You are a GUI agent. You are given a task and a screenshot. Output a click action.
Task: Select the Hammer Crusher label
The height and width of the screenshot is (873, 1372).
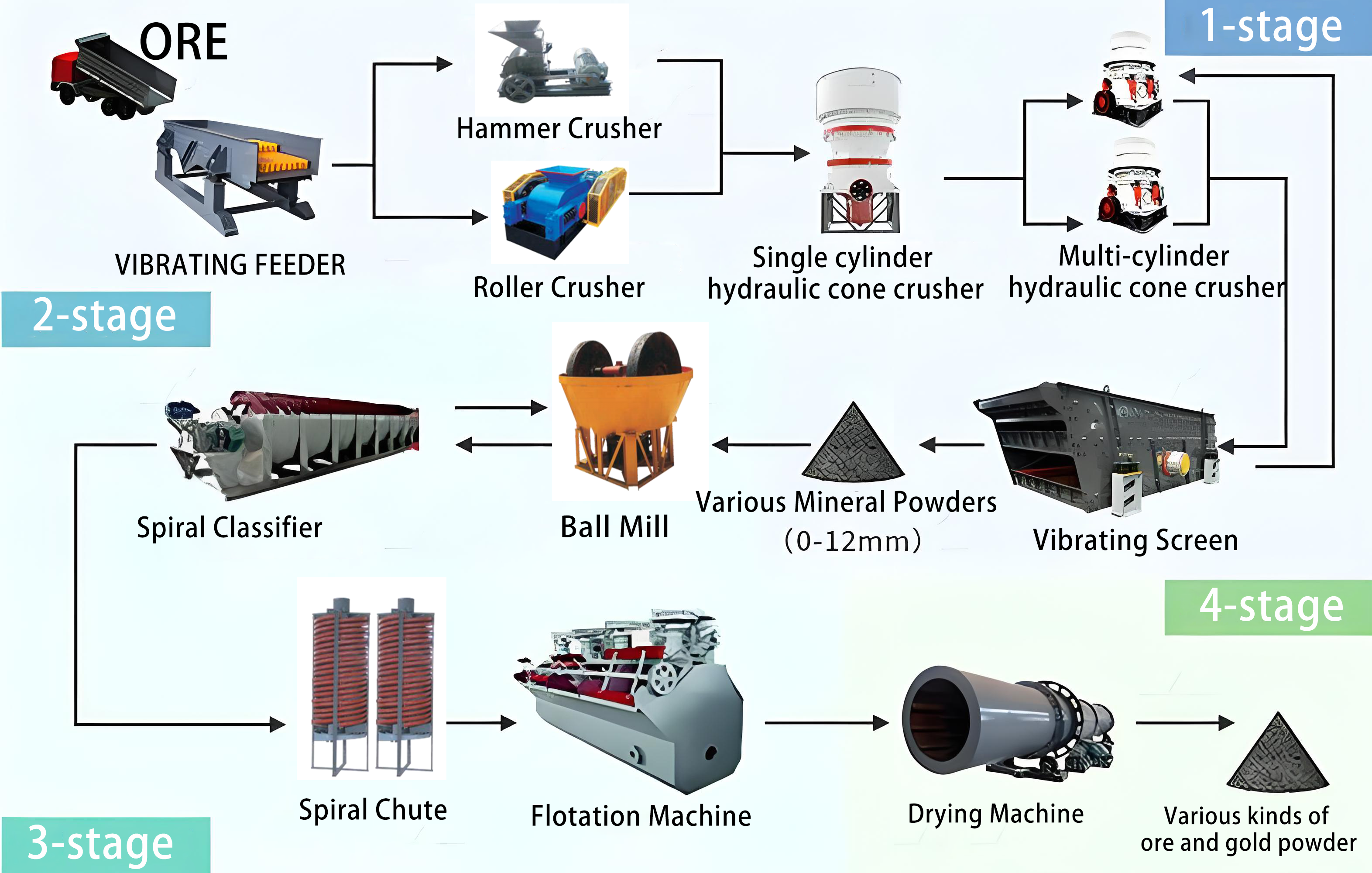(559, 129)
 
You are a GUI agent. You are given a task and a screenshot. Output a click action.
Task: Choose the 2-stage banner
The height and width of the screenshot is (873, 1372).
(106, 319)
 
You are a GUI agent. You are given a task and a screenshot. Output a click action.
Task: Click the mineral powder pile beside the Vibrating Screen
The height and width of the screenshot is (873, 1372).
(853, 444)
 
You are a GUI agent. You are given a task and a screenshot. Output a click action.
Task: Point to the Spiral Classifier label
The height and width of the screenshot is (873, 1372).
(229, 528)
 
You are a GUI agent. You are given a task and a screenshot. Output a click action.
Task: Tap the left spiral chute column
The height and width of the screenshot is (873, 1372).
(340, 684)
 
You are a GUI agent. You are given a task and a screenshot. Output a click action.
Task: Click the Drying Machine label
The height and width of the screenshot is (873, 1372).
(995, 814)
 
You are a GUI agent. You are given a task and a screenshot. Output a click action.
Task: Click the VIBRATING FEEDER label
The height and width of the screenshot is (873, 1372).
(230, 265)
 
